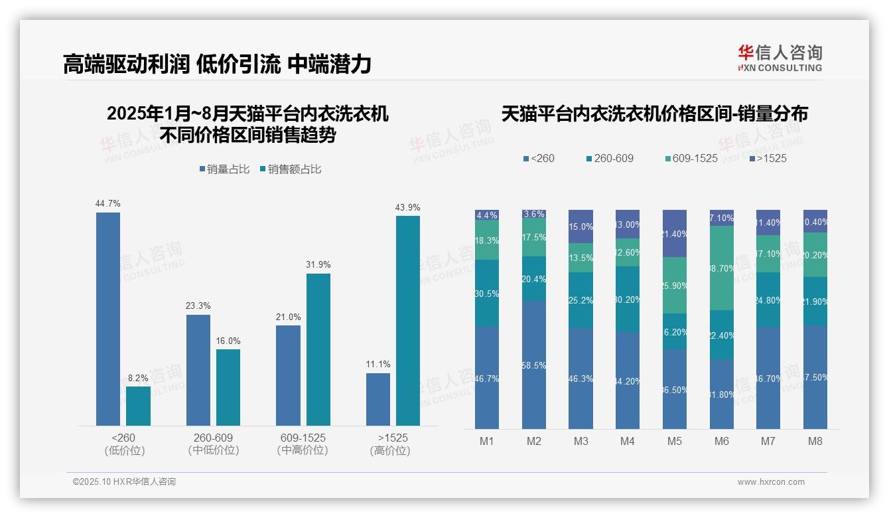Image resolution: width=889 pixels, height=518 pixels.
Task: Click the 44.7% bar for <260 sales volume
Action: pos(108,319)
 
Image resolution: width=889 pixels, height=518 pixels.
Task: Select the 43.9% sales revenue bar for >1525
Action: pos(408,320)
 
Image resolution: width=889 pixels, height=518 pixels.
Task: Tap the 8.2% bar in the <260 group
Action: pos(139,406)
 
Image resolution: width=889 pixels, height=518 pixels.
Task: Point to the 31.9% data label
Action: pos(318,264)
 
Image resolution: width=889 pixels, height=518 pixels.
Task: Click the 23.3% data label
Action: pos(198,306)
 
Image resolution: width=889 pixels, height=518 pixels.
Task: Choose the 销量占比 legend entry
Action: pos(224,169)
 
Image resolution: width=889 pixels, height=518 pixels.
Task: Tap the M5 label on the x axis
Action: pos(675,441)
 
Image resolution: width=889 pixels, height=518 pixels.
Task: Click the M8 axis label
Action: pos(815,441)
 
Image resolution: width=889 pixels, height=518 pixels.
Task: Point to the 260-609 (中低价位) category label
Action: pos(213,444)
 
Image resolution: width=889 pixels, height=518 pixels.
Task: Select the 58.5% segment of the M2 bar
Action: pos(534,365)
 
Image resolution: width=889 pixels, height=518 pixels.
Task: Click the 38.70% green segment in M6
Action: pos(722,268)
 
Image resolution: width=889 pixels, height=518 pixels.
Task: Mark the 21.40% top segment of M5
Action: pos(675,233)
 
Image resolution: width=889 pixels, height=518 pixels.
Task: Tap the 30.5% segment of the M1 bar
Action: pos(487,293)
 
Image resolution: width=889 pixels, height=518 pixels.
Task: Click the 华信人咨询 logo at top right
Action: pos(780,58)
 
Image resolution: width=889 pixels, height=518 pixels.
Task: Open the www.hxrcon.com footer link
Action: pos(771,482)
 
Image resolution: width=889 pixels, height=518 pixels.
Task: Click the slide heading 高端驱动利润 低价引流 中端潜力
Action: pos(217,64)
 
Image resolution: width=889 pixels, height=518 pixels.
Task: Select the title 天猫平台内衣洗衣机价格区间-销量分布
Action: pos(654,114)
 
